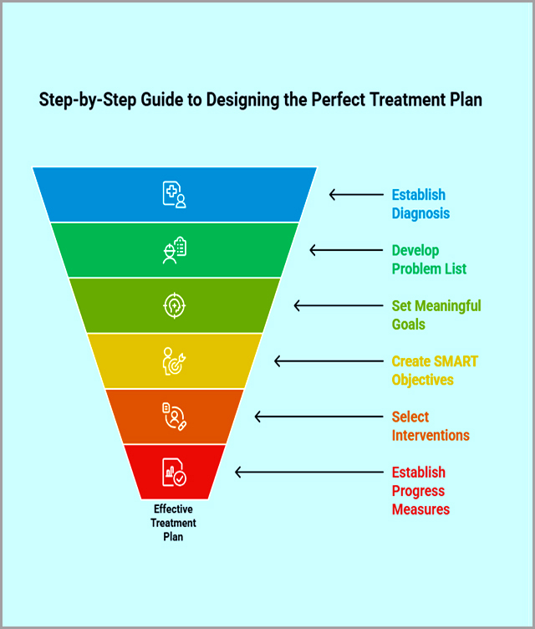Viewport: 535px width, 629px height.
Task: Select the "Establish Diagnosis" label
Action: (420, 204)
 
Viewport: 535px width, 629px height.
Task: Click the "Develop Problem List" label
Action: (429, 259)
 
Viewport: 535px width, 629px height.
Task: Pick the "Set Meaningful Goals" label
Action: (436, 314)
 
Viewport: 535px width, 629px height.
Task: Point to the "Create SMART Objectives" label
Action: (435, 371)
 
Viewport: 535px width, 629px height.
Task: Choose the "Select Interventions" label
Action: (431, 426)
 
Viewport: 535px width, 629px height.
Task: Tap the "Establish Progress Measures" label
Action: (420, 490)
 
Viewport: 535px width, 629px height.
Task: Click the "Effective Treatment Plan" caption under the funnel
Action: (174, 523)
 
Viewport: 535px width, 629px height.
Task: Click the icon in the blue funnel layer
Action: (174, 194)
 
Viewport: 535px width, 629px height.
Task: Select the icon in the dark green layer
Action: (174, 250)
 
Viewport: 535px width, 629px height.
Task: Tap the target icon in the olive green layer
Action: (174, 305)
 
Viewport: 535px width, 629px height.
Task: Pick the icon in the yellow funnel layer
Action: (174, 361)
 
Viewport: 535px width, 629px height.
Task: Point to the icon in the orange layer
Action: (174, 417)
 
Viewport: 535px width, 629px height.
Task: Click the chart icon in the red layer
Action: (175, 473)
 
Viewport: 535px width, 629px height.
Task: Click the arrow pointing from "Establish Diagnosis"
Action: (355, 195)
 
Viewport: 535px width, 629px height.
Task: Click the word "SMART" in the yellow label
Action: (456, 361)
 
